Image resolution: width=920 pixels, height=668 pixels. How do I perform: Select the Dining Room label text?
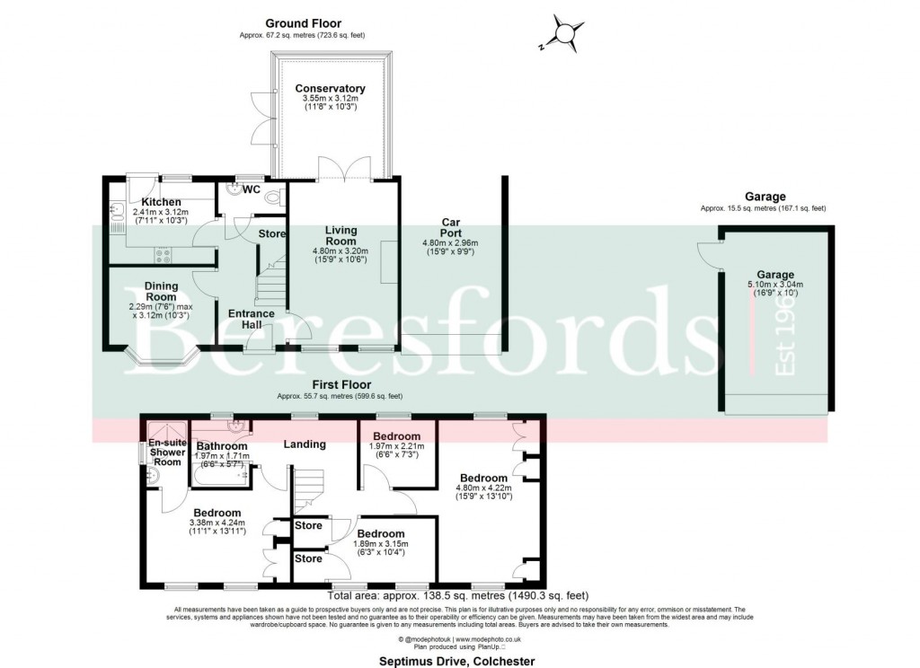162,292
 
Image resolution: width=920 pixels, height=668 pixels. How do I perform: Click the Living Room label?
341,236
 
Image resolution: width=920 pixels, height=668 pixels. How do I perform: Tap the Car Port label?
451,227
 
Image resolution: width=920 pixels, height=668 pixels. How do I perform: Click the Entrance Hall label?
251,320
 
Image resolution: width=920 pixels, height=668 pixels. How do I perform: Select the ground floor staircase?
270,283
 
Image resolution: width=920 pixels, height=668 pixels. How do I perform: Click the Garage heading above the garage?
765,197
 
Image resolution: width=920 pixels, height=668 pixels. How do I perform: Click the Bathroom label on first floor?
222,445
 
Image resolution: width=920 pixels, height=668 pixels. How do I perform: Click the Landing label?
304,444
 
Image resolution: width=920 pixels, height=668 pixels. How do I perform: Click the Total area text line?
458,594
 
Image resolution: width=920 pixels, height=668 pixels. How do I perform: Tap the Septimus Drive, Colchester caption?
458,661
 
